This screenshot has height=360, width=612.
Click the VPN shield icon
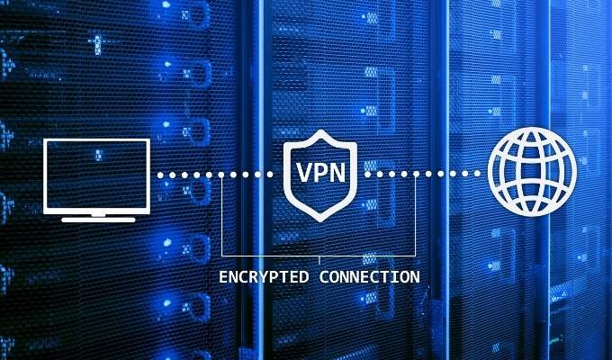(320, 175)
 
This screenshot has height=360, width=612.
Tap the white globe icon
(532, 172)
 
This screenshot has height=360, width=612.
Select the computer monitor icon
(97, 180)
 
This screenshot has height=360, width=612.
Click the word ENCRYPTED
(264, 277)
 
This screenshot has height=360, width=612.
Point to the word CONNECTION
(370, 277)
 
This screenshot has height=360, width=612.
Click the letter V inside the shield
(303, 172)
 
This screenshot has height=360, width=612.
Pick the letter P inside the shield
(320, 172)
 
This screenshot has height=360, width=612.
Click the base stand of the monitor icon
(98, 220)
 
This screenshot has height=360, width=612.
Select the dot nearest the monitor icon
(160, 175)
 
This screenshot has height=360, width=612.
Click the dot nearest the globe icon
(477, 174)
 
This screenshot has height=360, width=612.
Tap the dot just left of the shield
(270, 175)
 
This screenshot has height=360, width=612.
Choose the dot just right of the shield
(367, 174)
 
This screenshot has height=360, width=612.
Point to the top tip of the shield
(320, 130)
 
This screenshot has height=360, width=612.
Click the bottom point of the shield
(320, 221)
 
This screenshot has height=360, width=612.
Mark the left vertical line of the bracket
(221, 215)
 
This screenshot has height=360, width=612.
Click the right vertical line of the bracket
(416, 215)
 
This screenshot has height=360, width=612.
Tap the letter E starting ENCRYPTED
(223, 277)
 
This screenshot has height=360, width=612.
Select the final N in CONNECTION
(415, 277)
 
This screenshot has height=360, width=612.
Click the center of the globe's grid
(532, 172)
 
